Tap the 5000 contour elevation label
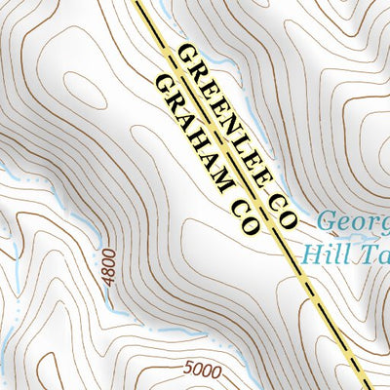[200, 370]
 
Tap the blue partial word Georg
[354, 220]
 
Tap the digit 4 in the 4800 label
[110, 281]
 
